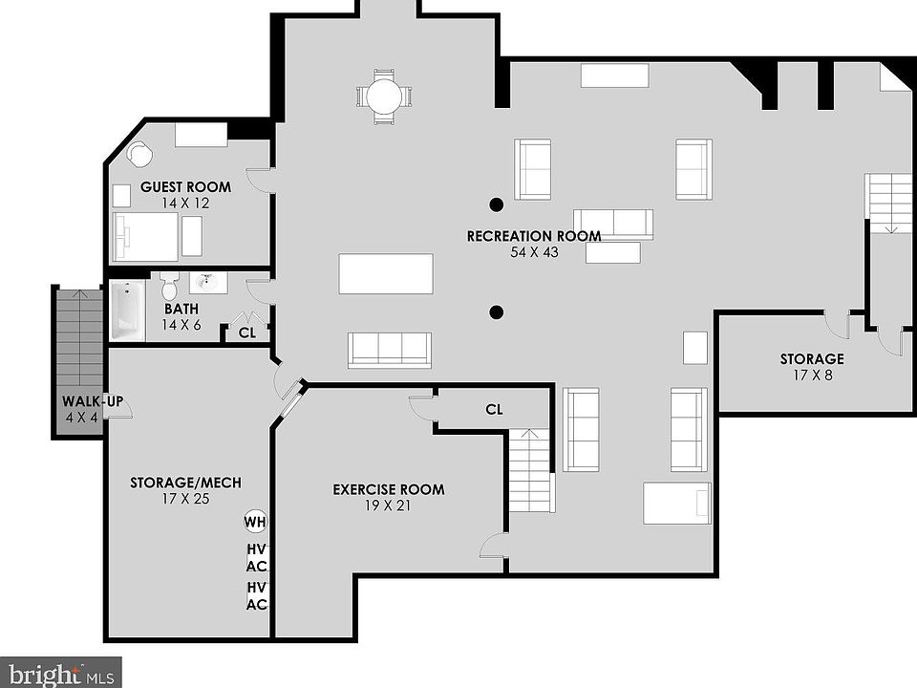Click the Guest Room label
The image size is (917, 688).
click(185, 187)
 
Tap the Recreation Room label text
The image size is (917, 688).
click(533, 236)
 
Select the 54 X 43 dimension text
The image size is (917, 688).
click(533, 252)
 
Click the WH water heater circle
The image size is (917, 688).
click(255, 522)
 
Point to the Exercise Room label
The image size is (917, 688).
click(388, 490)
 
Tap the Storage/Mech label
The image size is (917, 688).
click(185, 483)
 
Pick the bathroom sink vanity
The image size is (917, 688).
click(206, 282)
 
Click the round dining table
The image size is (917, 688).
click(385, 96)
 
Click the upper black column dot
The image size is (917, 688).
click(496, 203)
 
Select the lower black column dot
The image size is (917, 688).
click(496, 312)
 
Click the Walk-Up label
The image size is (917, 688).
click(93, 401)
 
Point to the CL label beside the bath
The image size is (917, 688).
click(246, 333)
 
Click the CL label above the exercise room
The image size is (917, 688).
click(494, 410)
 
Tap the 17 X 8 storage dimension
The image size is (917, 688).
click(811, 376)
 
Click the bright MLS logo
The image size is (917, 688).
click(59, 674)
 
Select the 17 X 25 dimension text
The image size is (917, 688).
click(185, 499)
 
